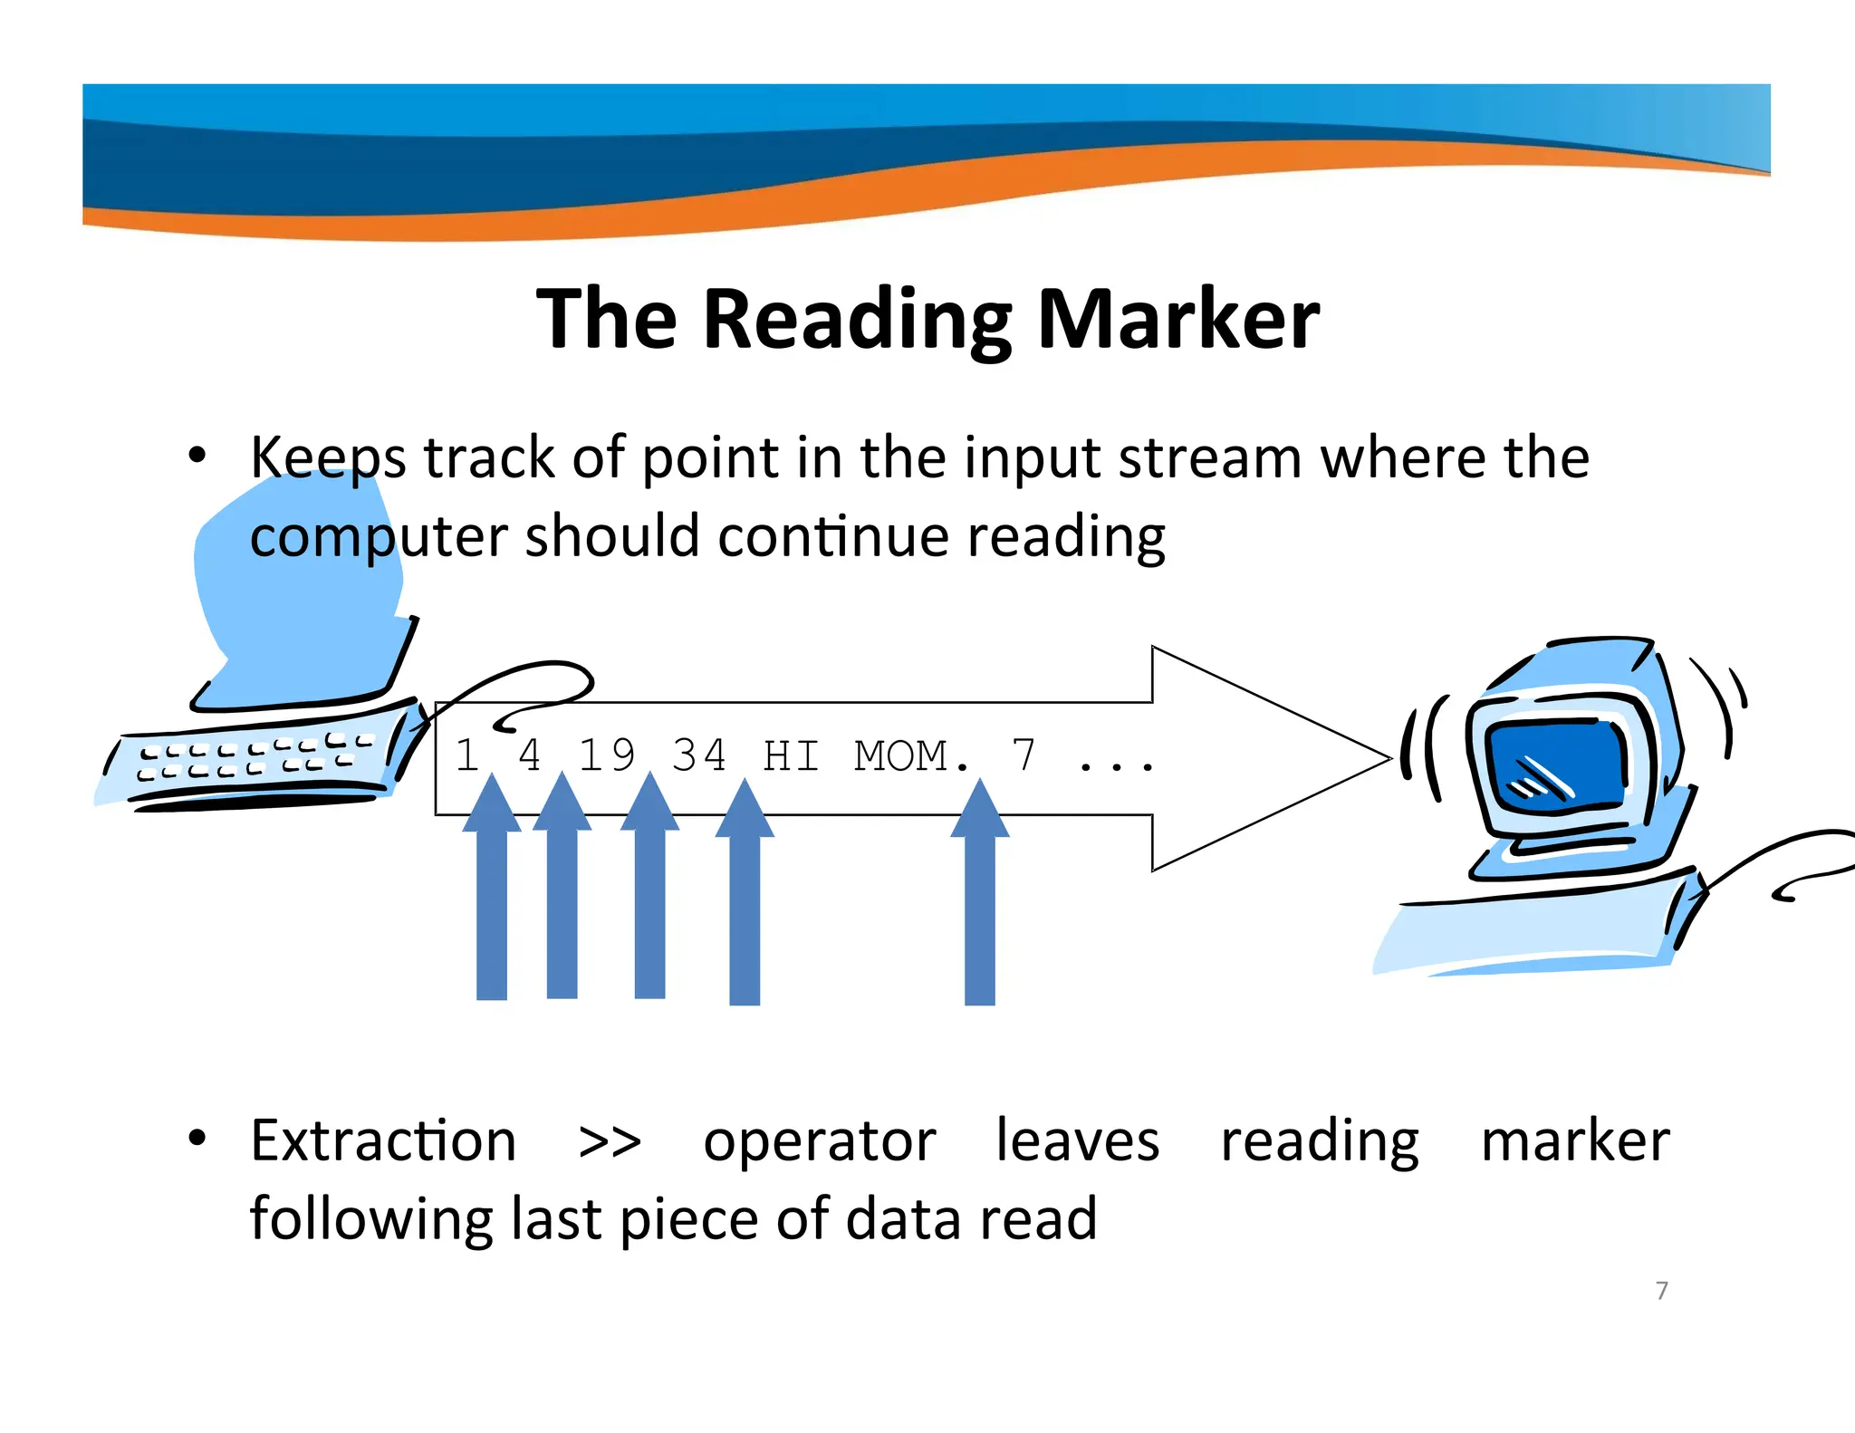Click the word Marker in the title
point(1177,319)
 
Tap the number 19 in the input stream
point(606,755)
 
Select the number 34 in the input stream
point(698,755)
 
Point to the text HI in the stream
point(791,755)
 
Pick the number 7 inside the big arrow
point(1024,755)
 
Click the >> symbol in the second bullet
point(610,1141)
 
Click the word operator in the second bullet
point(819,1141)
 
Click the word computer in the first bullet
point(378,536)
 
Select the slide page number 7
point(1661,1290)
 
